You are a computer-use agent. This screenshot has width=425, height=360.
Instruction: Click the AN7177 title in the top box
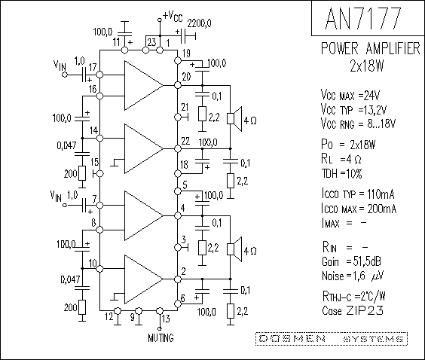click(363, 18)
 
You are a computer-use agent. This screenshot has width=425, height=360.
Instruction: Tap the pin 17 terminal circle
click(100, 75)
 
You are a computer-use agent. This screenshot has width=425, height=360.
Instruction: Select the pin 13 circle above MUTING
click(160, 310)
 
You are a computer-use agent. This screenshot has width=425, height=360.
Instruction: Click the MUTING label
click(161, 338)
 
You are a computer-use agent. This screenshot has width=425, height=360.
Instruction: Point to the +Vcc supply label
click(173, 17)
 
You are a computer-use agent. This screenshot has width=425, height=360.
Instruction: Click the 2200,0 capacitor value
click(199, 23)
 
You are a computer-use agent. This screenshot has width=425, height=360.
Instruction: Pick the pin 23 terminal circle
click(145, 50)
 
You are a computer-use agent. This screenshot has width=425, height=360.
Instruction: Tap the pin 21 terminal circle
click(178, 117)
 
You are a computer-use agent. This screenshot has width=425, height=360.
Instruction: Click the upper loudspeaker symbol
click(234, 119)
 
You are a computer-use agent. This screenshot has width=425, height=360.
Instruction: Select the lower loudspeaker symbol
click(234, 249)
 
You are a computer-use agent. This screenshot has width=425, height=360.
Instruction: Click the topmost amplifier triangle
click(144, 85)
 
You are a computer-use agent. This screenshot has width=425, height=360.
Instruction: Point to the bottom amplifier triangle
click(144, 279)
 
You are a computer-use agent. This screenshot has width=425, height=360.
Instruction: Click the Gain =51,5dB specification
click(352, 261)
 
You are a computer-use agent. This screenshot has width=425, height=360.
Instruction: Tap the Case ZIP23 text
click(353, 310)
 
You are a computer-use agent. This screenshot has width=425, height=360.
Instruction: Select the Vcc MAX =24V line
click(350, 95)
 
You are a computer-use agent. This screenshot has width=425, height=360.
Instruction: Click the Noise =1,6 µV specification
click(353, 276)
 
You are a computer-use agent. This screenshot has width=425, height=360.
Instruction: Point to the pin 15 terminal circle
click(100, 173)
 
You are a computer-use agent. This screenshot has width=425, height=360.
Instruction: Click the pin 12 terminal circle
click(118, 310)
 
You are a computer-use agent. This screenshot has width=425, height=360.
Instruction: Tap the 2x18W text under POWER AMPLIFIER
click(367, 66)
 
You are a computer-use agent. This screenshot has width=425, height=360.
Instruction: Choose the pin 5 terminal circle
click(178, 191)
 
